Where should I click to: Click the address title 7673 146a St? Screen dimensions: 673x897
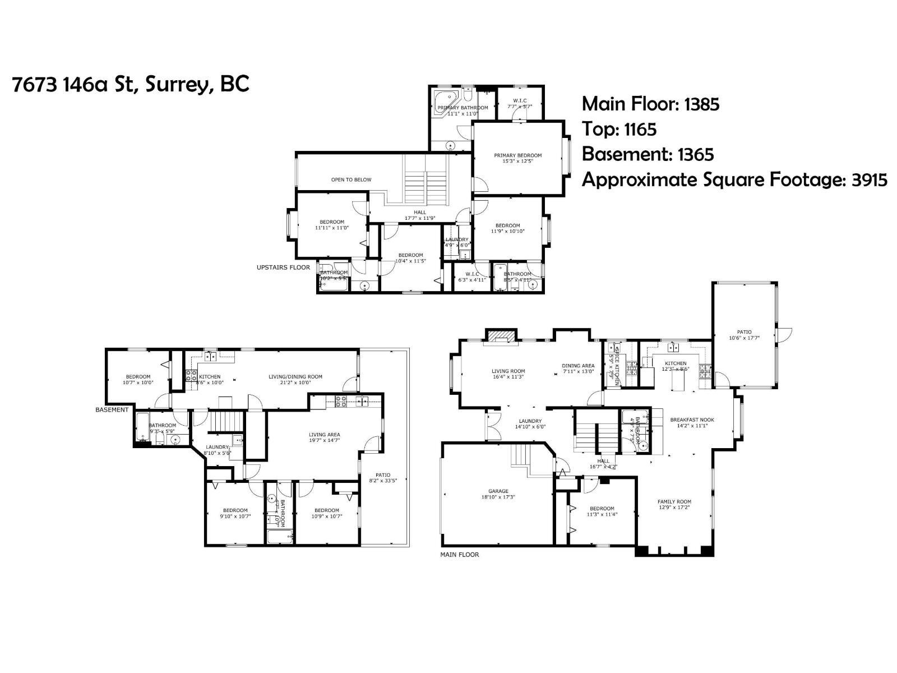click(130, 85)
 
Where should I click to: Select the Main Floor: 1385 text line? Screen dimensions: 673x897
click(650, 104)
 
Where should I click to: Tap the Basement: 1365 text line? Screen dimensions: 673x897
click(648, 154)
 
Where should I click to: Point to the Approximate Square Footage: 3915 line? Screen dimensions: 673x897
click(734, 180)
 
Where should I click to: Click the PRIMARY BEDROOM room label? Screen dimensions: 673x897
click(517, 158)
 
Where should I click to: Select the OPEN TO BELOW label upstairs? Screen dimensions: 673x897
click(351, 179)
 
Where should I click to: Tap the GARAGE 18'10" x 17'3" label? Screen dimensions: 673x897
click(498, 494)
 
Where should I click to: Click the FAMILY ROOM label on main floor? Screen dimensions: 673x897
click(674, 504)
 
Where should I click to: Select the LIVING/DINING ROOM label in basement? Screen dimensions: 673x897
click(295, 380)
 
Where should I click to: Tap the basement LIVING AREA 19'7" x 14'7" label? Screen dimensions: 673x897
click(324, 437)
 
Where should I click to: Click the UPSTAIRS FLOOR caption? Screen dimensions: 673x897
click(283, 268)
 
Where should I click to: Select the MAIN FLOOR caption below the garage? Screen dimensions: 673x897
click(460, 555)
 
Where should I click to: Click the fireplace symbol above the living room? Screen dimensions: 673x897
click(500, 335)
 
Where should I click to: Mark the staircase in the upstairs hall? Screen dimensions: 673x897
click(426, 181)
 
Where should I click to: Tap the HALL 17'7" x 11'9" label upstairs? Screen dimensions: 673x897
click(419, 215)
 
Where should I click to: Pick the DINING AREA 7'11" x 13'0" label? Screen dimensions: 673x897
click(578, 368)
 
